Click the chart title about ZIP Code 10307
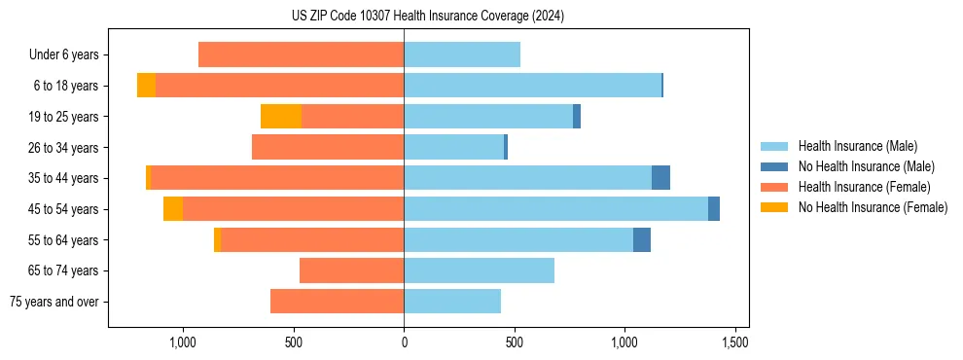pyautogui.click(x=427, y=17)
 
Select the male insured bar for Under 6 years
pyautogui.click(x=462, y=54)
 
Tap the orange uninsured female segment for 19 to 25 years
pyautogui.click(x=281, y=117)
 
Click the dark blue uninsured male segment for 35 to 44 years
pyautogui.click(x=660, y=178)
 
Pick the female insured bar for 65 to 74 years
pyautogui.click(x=351, y=270)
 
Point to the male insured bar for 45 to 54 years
pyautogui.click(x=555, y=209)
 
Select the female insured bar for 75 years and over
pyautogui.click(x=337, y=302)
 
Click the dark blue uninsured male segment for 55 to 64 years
pyautogui.click(x=642, y=240)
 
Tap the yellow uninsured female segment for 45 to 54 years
pyautogui.click(x=173, y=209)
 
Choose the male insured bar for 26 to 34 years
pyautogui.click(x=453, y=147)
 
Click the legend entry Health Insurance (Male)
pyautogui.click(x=857, y=146)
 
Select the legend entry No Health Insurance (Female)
pyautogui.click(x=873, y=207)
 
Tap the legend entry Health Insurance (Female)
pyautogui.click(x=864, y=187)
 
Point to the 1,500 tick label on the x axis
pyautogui.click(x=734, y=342)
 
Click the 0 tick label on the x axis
pyautogui.click(x=404, y=342)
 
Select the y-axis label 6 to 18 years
pyautogui.click(x=66, y=86)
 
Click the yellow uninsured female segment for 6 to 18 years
pyautogui.click(x=146, y=86)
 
